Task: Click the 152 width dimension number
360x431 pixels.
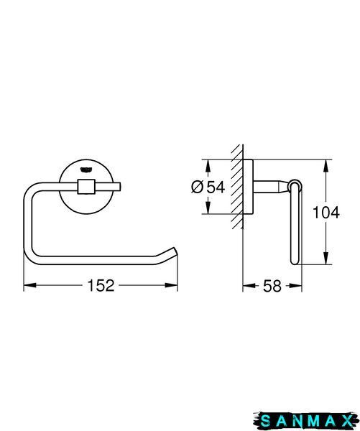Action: click(x=101, y=285)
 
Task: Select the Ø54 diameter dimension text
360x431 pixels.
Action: click(x=208, y=187)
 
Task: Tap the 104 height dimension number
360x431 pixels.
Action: click(x=326, y=213)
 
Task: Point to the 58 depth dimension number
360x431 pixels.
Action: click(x=272, y=286)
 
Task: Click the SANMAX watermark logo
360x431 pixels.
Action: click(x=306, y=421)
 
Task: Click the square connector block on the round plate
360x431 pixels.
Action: click(x=86, y=187)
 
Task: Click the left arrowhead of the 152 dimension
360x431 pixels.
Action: click(x=30, y=285)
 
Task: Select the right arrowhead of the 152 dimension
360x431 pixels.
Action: click(x=171, y=285)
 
